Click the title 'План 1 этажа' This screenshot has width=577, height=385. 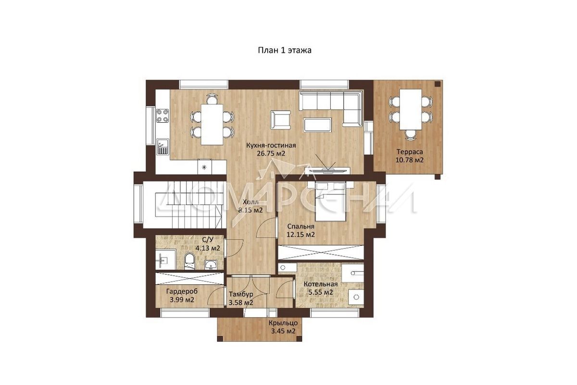(x=285, y=50)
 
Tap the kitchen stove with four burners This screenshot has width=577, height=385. (x=163, y=115)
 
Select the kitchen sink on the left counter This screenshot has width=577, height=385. (x=163, y=147)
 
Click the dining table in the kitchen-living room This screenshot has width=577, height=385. (x=212, y=124)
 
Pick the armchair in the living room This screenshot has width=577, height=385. (x=280, y=120)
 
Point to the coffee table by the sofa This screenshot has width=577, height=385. (x=318, y=125)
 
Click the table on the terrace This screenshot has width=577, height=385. (x=411, y=109)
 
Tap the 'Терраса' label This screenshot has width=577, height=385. (x=410, y=152)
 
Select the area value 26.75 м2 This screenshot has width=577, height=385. (x=271, y=154)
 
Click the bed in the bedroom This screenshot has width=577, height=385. (x=331, y=201)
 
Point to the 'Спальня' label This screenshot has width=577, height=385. (x=301, y=226)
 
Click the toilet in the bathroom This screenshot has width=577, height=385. (x=189, y=261)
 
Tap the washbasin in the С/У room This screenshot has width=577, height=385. (x=211, y=264)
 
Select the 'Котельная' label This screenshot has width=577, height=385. (x=320, y=284)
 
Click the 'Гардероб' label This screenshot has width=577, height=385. (x=182, y=292)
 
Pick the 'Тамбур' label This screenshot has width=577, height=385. (x=241, y=294)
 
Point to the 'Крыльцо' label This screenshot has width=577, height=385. (x=283, y=323)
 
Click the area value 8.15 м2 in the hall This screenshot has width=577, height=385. (x=251, y=210)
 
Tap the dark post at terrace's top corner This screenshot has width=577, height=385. (x=438, y=84)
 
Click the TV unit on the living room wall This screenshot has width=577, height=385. (x=327, y=170)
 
